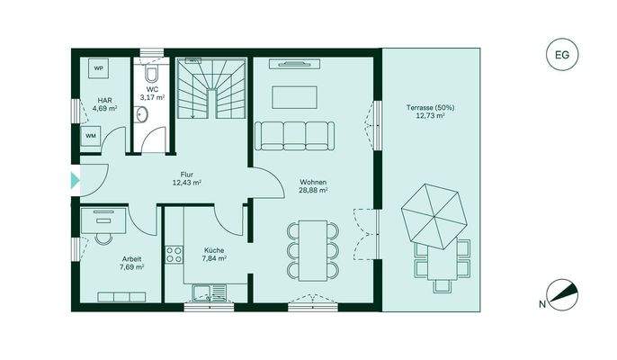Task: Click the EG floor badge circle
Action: click(x=563, y=56)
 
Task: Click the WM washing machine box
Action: click(x=91, y=136)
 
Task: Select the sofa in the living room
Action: click(x=295, y=135)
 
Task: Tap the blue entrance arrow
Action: click(x=75, y=180)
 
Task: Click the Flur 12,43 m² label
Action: click(x=186, y=179)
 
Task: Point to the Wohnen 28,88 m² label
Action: click(x=313, y=186)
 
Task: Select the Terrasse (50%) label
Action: click(x=430, y=112)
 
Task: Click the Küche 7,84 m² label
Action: click(x=214, y=254)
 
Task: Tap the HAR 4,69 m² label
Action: click(x=105, y=104)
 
